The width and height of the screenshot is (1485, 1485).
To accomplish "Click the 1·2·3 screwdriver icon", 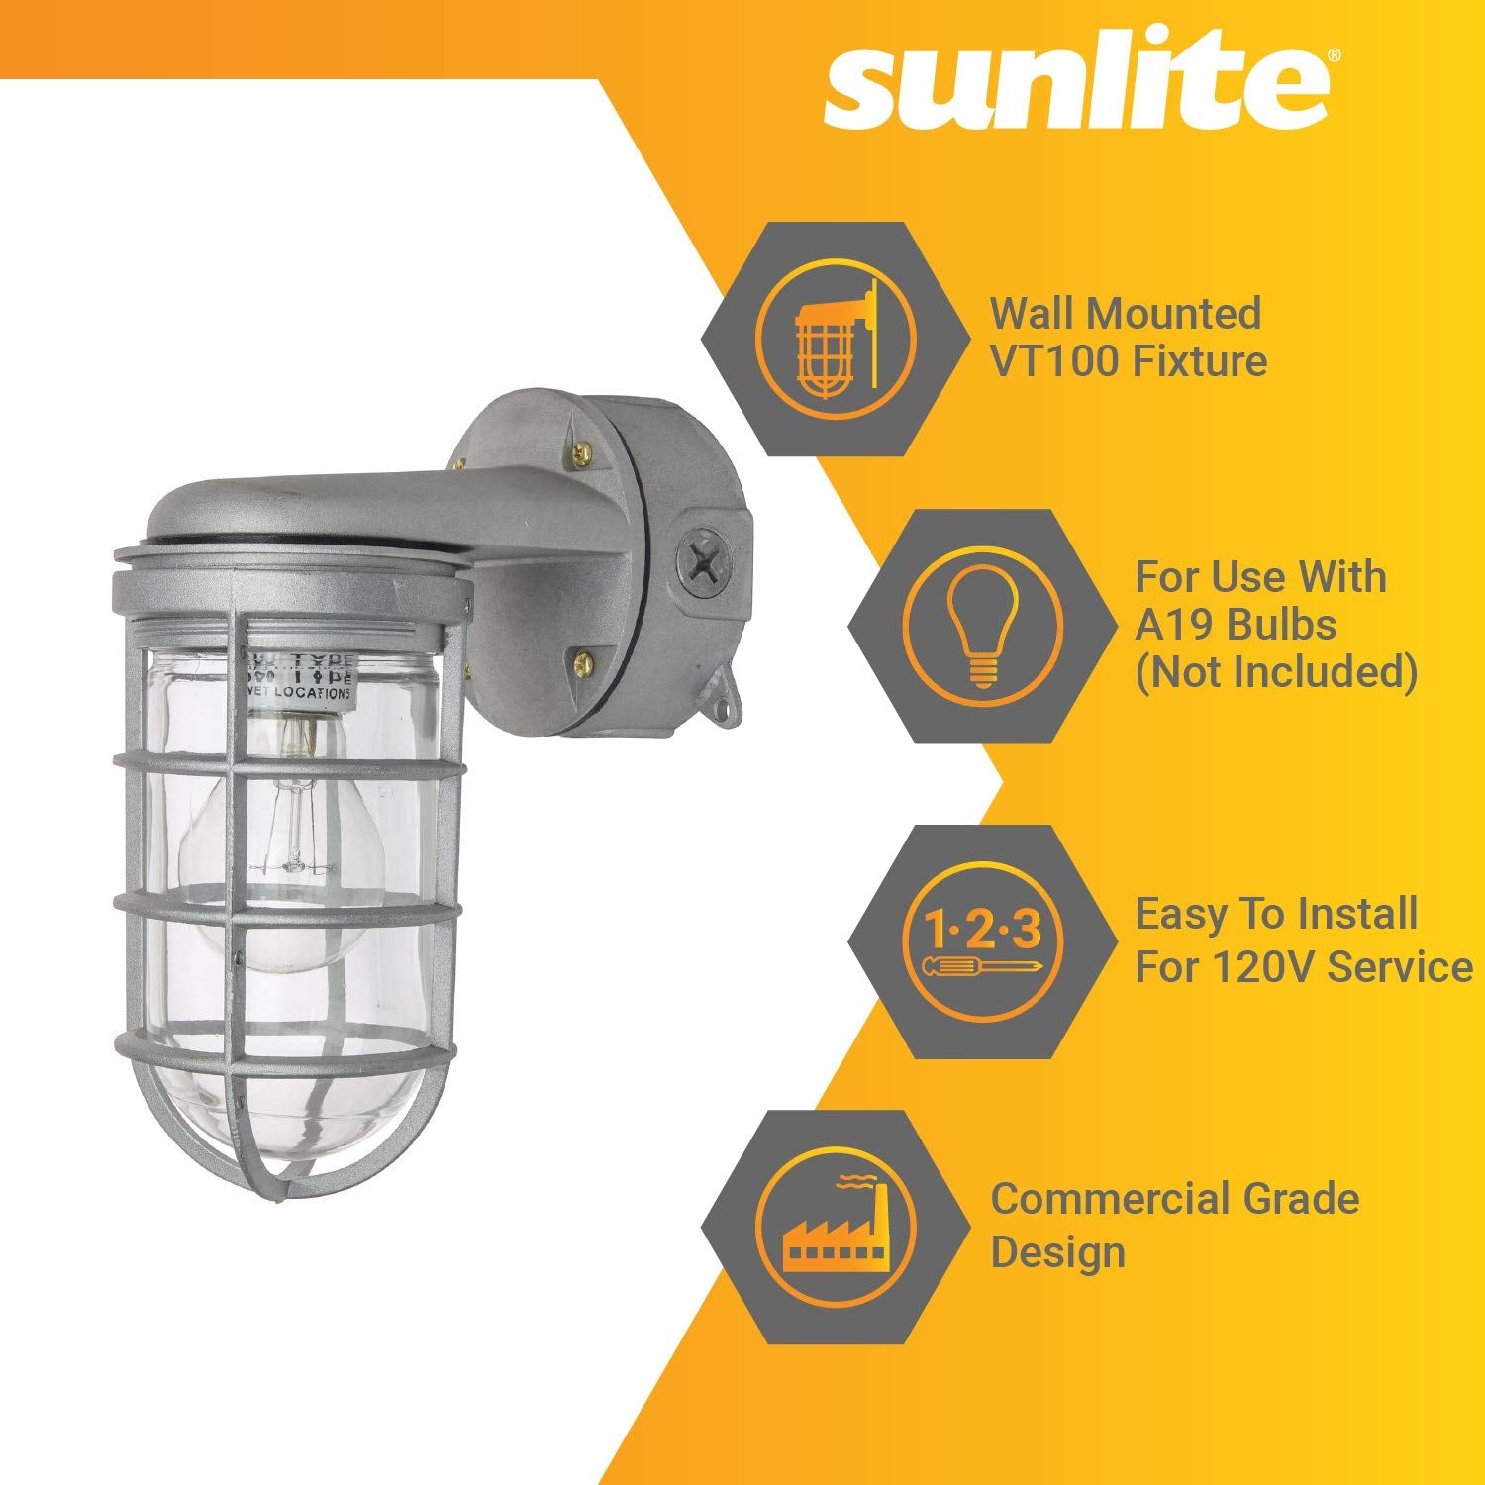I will click(x=982, y=941).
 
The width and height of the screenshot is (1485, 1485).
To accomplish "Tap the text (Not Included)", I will click(x=1276, y=672).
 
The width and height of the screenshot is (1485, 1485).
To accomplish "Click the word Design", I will click(x=1057, y=1252).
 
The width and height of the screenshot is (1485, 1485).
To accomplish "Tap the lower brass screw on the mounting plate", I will click(x=585, y=657).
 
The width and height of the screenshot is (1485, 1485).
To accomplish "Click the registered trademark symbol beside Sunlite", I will click(x=1335, y=57).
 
